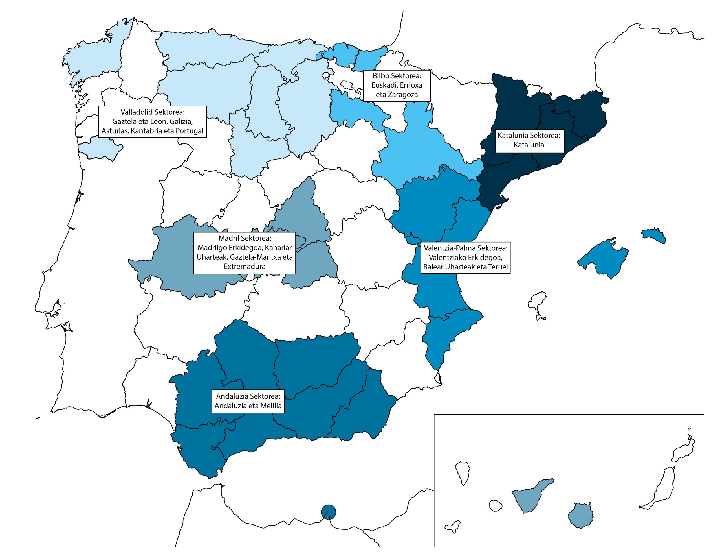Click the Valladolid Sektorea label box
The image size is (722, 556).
click(152, 121)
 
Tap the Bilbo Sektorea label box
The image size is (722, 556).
click(397, 85)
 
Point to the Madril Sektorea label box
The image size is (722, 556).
click(244, 253)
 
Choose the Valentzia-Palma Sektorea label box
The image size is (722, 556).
click(465, 258)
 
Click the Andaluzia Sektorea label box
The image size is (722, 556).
click(248, 401)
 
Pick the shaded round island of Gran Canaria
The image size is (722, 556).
click(581, 515)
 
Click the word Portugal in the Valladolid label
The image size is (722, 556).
click(190, 131)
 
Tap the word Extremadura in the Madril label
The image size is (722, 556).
click(245, 266)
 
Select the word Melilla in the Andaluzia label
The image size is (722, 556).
click(270, 406)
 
